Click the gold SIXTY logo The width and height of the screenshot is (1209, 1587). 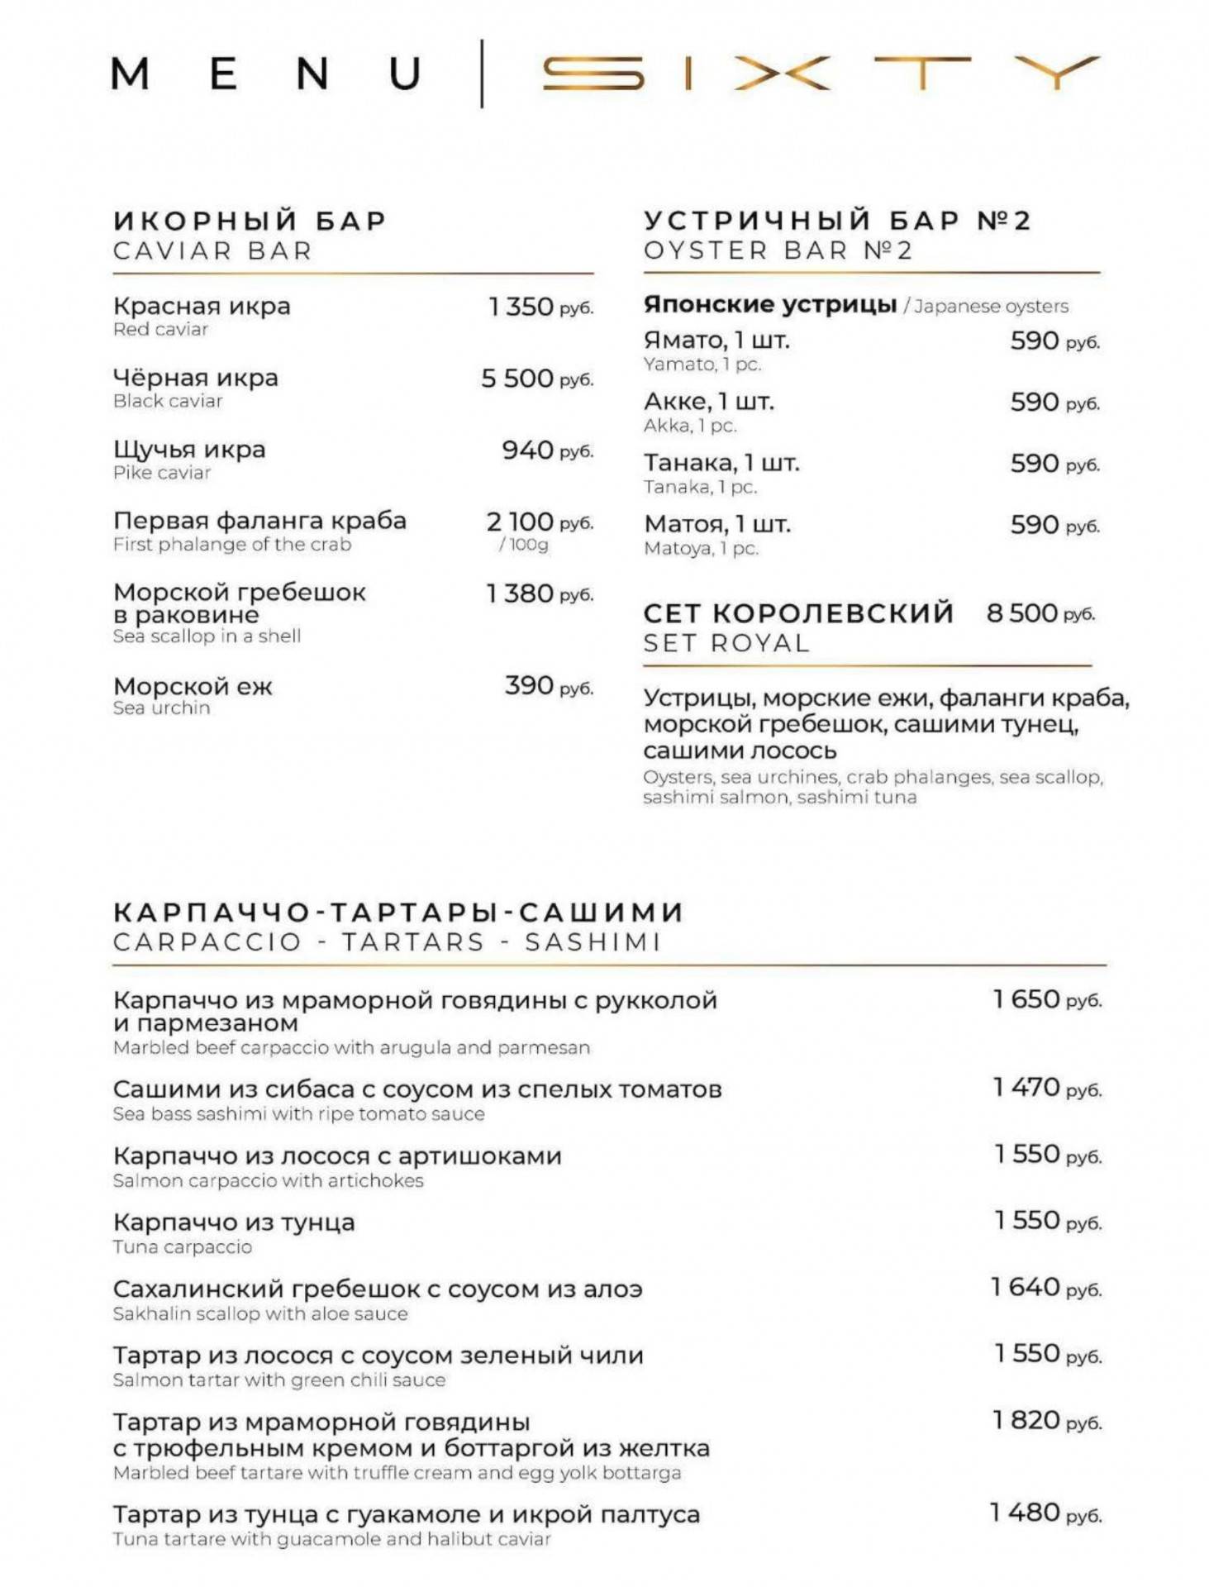coord(820,73)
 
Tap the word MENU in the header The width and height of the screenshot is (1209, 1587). coord(266,74)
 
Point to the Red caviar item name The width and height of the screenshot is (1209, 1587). coord(202,307)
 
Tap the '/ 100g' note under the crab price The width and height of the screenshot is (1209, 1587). coord(524,545)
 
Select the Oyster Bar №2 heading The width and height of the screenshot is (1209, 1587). coord(836,235)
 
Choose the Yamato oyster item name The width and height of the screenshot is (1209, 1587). coord(716,341)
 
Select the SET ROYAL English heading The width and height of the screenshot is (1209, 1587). coord(726,643)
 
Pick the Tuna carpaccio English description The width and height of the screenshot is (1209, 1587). coord(183,1247)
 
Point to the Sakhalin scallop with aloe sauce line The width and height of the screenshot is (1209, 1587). coord(260,1314)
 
